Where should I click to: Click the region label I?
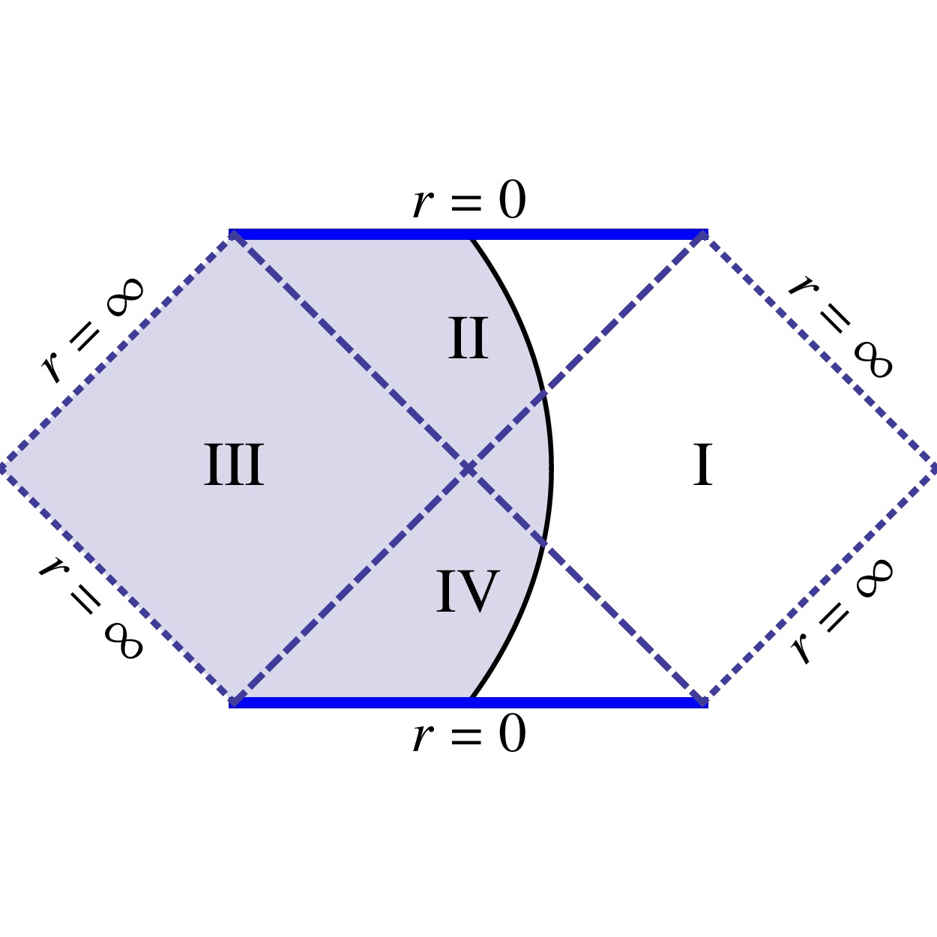[702, 466]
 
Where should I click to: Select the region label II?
[468, 340]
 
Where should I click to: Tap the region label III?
[234, 466]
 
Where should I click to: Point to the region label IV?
[468, 592]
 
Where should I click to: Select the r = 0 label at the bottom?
[469, 735]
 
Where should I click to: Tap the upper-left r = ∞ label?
[92, 330]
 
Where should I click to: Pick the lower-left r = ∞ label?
[91, 607]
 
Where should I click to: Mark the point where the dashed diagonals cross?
[468, 468]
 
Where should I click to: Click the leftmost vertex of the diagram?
[2, 468]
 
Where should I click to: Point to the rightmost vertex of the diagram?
[935, 468]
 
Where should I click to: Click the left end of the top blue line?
[231, 234]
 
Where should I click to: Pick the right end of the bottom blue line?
[706, 702]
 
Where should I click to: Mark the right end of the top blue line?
[706, 234]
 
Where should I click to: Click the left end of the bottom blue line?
[231, 702]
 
